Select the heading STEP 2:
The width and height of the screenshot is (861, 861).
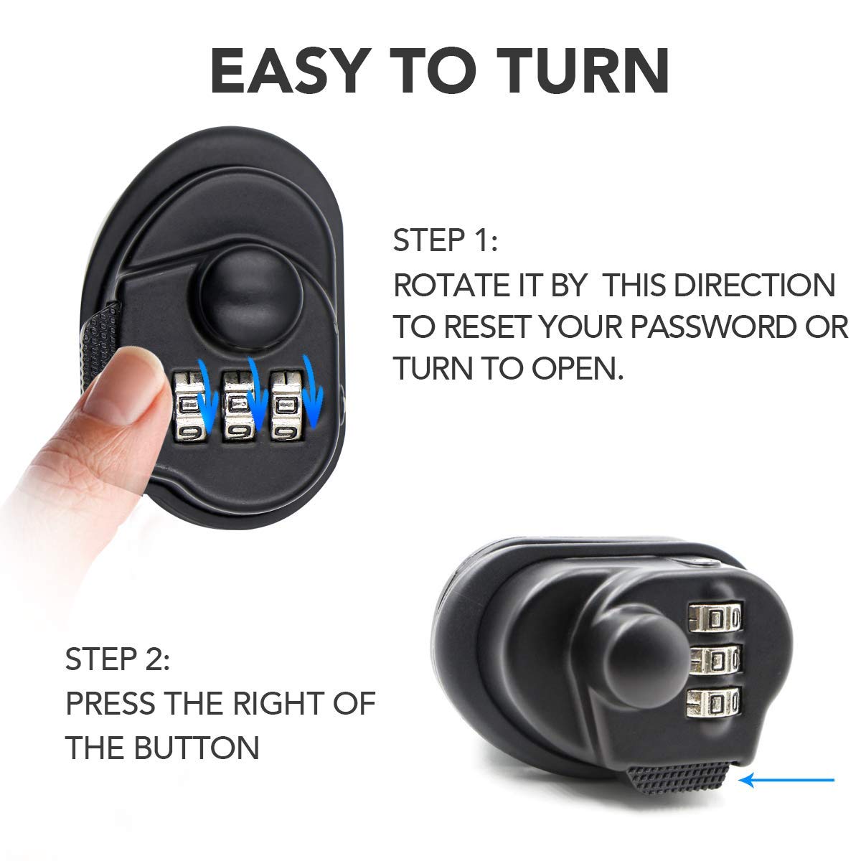(118, 659)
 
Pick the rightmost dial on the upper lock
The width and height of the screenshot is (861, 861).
(284, 405)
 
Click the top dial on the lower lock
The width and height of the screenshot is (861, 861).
(714, 618)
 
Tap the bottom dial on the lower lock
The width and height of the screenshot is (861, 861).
(714, 702)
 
